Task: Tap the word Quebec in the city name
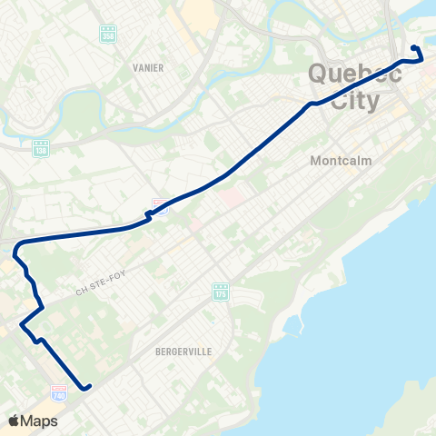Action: [355, 74]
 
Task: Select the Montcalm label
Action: [342, 160]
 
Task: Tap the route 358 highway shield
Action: [109, 34]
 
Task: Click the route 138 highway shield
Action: [40, 147]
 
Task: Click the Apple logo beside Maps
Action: [14, 421]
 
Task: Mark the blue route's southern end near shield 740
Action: [88, 388]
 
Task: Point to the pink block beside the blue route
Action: [233, 196]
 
